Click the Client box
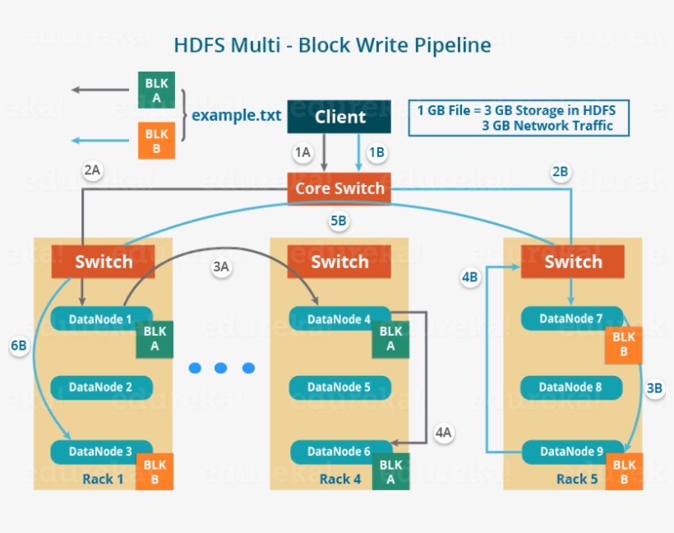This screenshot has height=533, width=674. click(x=339, y=117)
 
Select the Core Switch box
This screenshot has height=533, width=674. click(x=339, y=188)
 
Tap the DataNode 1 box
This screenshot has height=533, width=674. click(x=102, y=318)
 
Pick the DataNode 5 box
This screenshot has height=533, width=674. click(x=339, y=387)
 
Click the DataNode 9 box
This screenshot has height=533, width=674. click(x=571, y=452)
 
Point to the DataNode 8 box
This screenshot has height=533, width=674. click(x=571, y=387)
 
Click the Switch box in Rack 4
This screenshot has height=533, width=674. click(x=339, y=262)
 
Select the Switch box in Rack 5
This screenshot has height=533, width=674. click(x=573, y=262)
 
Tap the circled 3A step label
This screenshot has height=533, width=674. click(x=220, y=267)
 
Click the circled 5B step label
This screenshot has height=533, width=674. click(x=339, y=221)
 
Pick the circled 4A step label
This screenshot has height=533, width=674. click(x=444, y=433)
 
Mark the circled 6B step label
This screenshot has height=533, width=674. click(x=19, y=346)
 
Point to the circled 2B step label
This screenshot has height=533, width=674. click(x=560, y=172)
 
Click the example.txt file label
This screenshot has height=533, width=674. click(x=237, y=114)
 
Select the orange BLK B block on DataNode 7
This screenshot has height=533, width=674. click(x=624, y=345)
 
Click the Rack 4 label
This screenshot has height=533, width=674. click(x=340, y=479)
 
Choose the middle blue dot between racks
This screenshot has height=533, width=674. click(x=220, y=368)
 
